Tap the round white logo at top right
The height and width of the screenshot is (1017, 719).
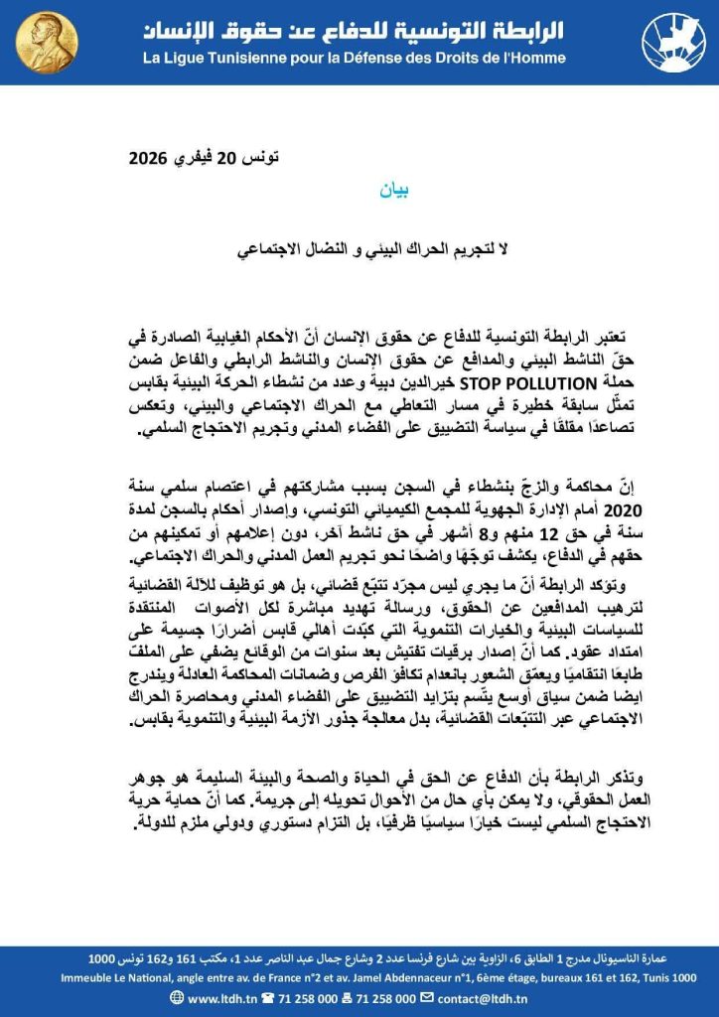672,42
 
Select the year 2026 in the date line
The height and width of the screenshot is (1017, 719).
151,159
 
